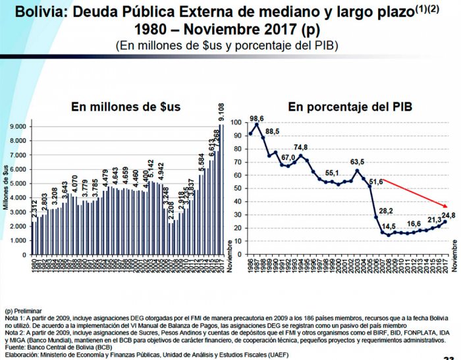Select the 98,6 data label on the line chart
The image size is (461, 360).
coord(257,118)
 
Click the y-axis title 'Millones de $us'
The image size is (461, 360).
coord(7,186)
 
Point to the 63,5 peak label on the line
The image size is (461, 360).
coord(358,162)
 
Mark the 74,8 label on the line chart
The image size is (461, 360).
coord(301,147)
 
